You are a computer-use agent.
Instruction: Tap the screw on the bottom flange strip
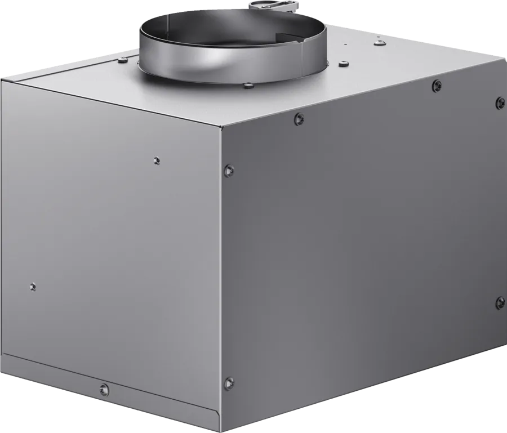pyautogui.click(x=103, y=388)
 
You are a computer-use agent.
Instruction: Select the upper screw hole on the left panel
pyautogui.click(x=157, y=160)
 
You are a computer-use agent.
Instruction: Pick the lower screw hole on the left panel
pyautogui.click(x=33, y=286)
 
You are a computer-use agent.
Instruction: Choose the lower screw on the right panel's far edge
pyautogui.click(x=500, y=302)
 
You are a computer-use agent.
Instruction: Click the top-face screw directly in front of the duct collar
pyautogui.click(x=248, y=86)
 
